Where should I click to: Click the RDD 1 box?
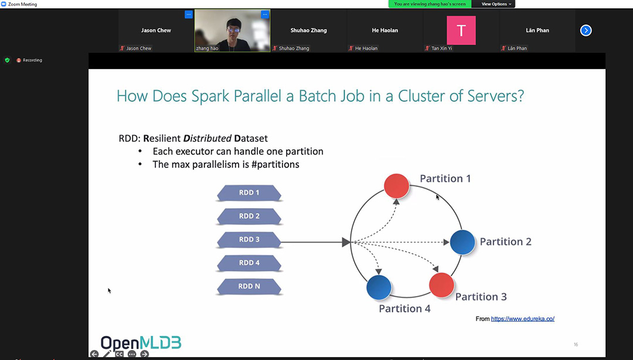249,193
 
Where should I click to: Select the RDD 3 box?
249,240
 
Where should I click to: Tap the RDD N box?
249,287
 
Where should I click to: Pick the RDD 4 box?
249,263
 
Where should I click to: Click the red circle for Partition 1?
396,186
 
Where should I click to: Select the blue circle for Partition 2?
462,242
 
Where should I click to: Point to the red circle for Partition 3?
442,286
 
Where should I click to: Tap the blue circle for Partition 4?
379,287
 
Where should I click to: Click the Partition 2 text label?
505,242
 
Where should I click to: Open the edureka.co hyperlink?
523,319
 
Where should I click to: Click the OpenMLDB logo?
141,343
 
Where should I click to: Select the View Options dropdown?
496,4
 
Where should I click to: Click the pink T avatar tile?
461,30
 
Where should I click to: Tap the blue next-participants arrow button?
586,30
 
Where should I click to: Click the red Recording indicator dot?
19,60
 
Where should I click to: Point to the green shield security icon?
7,60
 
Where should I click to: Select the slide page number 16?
576,345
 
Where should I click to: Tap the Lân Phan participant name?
537,30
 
